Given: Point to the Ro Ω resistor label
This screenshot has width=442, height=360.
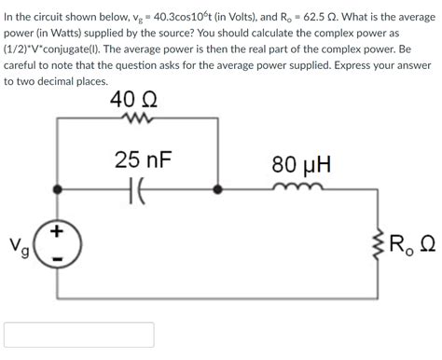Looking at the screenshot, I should [411, 247].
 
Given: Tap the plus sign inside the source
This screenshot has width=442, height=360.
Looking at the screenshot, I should [58, 231].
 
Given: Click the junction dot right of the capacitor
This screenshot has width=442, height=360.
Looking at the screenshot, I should [218, 188].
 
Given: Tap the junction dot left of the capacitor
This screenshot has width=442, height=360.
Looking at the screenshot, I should [58, 188].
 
